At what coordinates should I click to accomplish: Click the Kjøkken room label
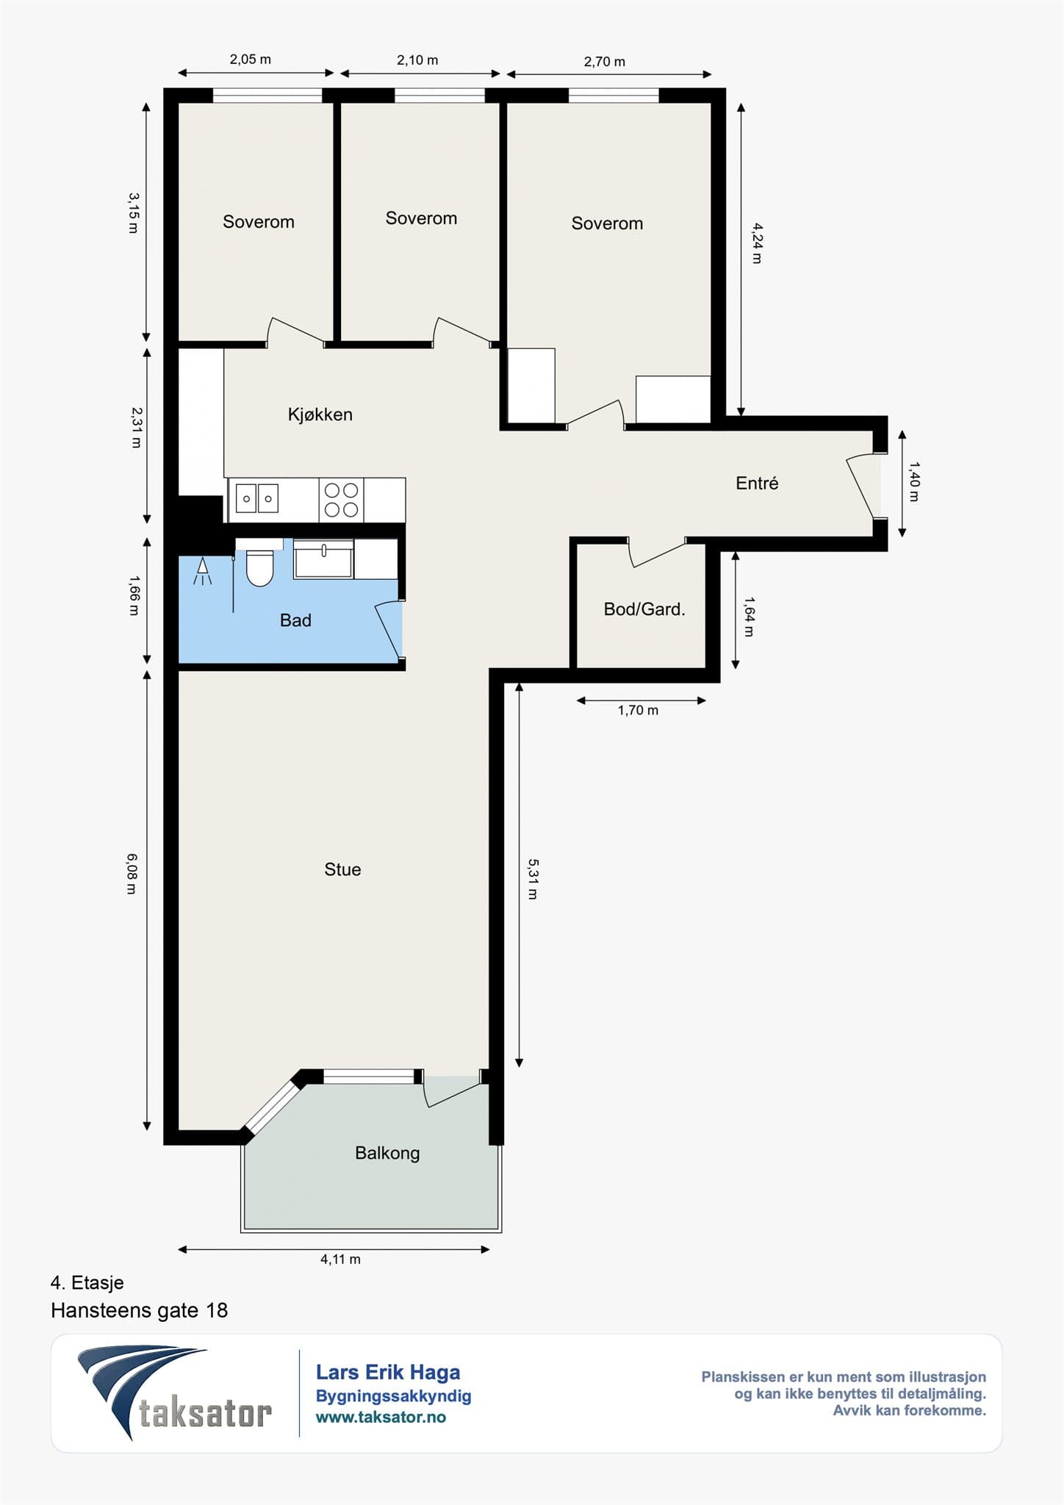coord(320,414)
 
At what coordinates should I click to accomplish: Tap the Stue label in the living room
coord(342,869)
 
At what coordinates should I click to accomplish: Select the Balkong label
coord(387,1153)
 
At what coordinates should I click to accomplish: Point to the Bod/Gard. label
coord(644,609)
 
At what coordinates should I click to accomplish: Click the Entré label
coord(757,483)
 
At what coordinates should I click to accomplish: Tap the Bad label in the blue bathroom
coord(295,620)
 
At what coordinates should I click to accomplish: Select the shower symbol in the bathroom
coord(203,570)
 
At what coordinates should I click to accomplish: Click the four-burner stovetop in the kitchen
coord(341,500)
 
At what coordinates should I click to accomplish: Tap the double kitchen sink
coord(257,498)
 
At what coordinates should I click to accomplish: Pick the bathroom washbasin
coord(323,559)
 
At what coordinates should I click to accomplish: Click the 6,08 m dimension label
coord(132,874)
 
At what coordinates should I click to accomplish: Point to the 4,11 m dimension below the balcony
coord(340,1259)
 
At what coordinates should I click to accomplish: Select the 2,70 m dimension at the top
coord(605,62)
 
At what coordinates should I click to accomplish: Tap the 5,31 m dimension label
coord(533,879)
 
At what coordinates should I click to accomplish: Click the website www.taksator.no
coord(381,1418)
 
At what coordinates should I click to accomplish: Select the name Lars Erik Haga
coord(388,1373)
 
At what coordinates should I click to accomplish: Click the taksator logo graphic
coord(174,1393)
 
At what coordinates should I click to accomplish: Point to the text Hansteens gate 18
coord(140,1311)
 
